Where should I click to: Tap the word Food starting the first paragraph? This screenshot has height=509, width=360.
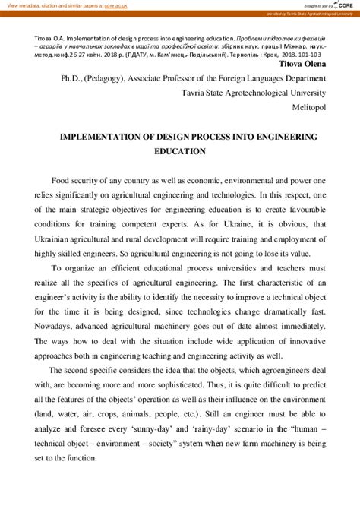(x=63, y=181)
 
